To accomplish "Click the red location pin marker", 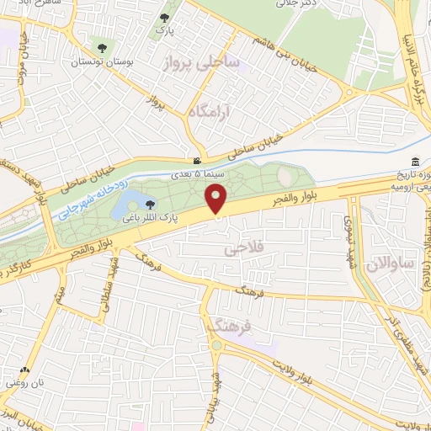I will [216, 200].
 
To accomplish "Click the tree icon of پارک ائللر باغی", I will [151, 204].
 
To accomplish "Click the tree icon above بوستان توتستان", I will [102, 49].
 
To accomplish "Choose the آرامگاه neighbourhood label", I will [209, 111].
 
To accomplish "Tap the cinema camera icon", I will [196, 161].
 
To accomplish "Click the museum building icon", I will [415, 162].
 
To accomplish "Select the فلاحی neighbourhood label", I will [239, 250].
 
